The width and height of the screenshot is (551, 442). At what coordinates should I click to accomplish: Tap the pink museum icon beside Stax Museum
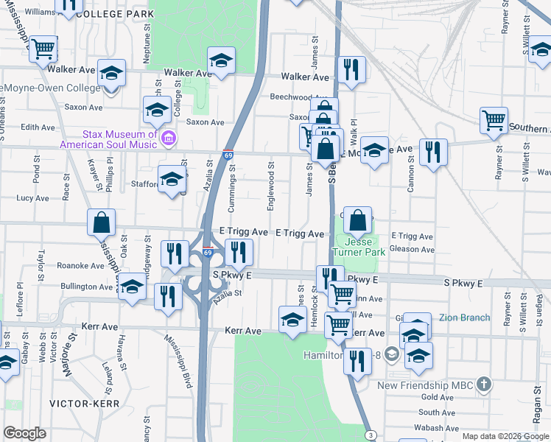[168, 137]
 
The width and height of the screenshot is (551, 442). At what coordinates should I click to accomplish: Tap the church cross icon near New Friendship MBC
[483, 384]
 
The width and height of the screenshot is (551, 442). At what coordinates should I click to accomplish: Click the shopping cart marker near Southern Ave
[493, 119]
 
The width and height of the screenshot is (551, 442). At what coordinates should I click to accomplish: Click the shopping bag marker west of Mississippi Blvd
[101, 222]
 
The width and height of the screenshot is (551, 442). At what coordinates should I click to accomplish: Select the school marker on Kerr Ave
[292, 320]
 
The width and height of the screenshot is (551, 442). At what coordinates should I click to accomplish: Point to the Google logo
[24, 433]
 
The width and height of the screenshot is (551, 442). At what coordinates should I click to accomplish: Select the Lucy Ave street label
[32, 198]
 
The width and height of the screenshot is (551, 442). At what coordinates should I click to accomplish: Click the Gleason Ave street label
[413, 250]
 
